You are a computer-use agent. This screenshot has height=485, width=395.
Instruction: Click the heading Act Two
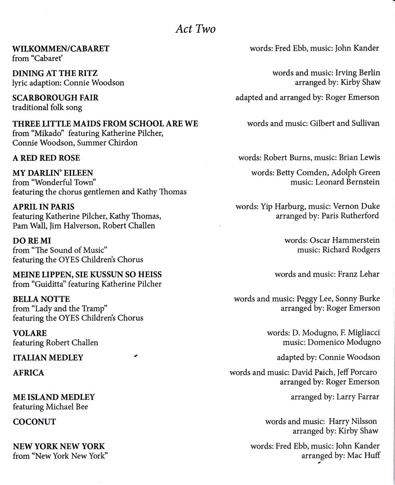point(195,29)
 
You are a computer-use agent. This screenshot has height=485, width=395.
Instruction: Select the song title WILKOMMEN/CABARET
point(61,48)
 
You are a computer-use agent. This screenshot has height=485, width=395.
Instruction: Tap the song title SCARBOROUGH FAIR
point(55,98)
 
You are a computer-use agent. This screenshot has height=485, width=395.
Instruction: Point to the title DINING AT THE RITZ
point(55,73)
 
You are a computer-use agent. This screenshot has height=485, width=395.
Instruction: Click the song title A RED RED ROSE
point(46,157)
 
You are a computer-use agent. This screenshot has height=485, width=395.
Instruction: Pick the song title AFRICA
point(28,373)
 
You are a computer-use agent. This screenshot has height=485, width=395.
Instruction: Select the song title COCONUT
point(34,421)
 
